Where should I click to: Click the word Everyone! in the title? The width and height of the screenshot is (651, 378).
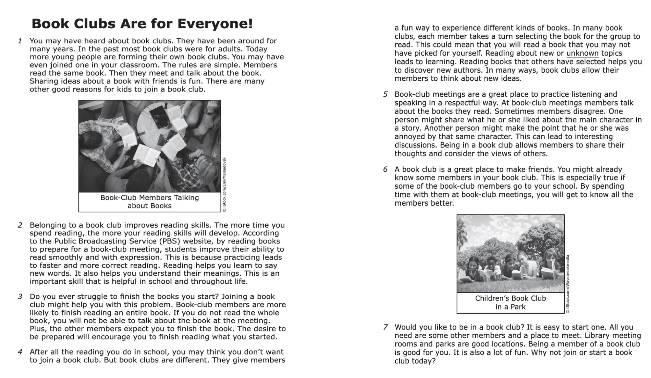(215, 24)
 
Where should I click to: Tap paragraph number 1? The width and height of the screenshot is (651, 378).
(20, 41)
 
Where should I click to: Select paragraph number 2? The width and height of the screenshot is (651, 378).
(20, 225)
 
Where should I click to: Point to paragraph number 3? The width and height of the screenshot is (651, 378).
(20, 297)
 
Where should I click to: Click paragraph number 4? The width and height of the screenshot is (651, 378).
(20, 352)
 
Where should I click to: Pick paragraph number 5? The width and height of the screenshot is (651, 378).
(385, 95)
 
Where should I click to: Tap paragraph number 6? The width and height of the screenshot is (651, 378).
(385, 170)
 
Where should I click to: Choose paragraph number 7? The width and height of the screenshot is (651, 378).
(385, 327)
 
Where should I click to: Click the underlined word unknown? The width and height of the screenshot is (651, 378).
(582, 54)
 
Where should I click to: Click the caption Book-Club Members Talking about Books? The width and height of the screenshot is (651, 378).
(150, 202)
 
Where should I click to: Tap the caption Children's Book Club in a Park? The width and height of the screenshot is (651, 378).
(510, 302)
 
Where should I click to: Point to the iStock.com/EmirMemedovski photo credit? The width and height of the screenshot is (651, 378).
(224, 184)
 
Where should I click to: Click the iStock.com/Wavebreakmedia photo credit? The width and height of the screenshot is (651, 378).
(568, 284)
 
